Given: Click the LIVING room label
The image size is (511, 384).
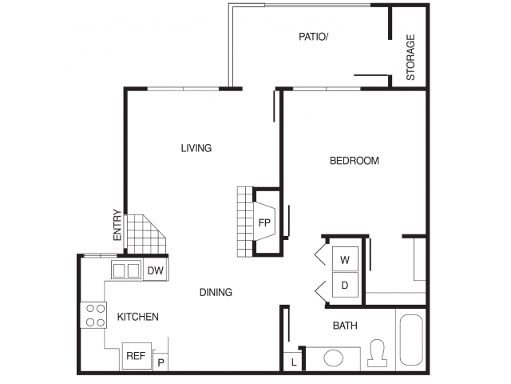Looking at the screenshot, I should [196, 148].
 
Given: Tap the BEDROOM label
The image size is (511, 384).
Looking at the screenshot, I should [355, 161].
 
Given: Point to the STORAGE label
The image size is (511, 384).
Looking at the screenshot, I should [411, 57].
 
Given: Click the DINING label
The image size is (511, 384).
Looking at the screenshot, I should [216, 292].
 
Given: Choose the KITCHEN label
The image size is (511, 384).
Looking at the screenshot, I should [138, 317].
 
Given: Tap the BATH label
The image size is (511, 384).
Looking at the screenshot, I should [345, 326].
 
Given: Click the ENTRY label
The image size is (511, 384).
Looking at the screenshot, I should [117, 225].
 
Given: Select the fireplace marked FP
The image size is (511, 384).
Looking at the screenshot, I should [263, 223].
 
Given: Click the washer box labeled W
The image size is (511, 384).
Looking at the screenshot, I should [345, 259].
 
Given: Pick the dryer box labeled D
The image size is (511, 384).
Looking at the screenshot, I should [345, 285].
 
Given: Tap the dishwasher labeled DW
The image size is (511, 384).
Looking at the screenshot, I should [156, 271].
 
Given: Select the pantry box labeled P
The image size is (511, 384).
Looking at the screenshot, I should [160, 362].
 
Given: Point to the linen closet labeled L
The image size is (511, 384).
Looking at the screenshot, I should [294, 362].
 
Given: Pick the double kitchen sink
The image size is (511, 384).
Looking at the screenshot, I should [125, 270].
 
